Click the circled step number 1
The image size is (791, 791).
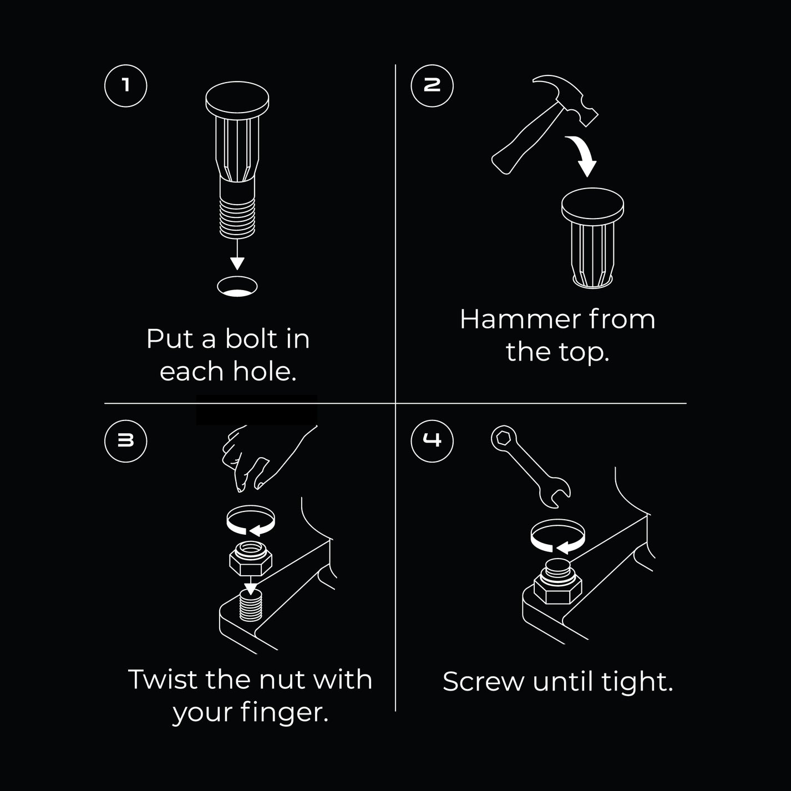125,86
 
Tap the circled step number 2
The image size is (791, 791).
432,86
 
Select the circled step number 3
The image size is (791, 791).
125,441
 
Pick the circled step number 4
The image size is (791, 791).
432,441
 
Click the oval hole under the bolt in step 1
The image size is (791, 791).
237,287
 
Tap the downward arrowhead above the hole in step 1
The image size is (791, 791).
237,263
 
